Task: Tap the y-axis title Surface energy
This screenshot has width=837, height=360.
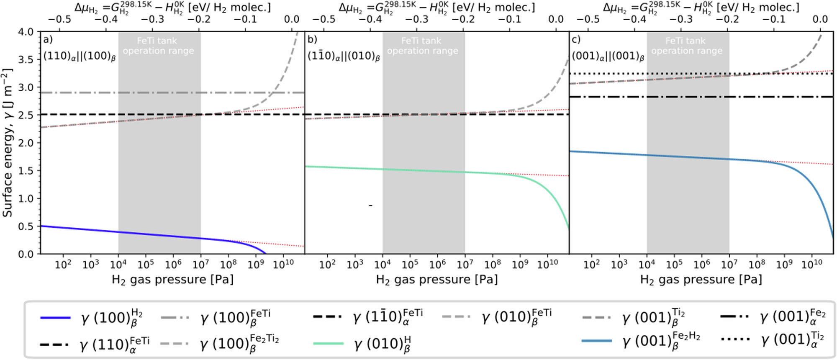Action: [8, 142]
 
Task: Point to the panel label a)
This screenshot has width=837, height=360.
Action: [48, 40]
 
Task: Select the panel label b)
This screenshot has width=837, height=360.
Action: [312, 40]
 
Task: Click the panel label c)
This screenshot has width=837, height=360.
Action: [576, 40]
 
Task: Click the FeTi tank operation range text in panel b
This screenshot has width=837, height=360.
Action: [422, 46]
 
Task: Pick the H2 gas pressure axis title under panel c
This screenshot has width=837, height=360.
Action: [701, 280]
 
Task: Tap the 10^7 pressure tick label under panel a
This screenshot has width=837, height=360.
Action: [200, 264]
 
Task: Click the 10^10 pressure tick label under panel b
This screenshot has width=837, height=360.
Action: [547, 264]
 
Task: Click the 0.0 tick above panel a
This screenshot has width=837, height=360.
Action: [291, 19]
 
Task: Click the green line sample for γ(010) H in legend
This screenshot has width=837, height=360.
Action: [329, 344]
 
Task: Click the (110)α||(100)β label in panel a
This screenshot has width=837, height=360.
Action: [80, 57]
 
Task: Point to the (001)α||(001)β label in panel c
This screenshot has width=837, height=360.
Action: [608, 57]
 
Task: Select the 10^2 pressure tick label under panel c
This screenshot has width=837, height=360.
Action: [591, 264]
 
